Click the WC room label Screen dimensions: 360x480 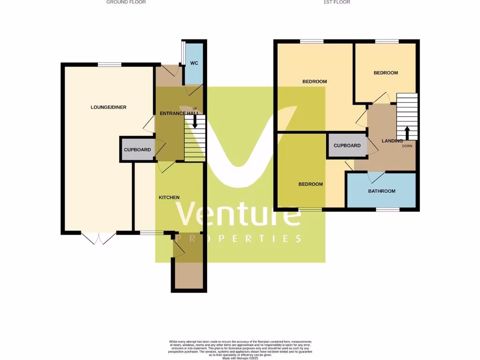[195, 64]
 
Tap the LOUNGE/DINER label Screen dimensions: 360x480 [108, 107]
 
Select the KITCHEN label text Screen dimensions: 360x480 [169, 197]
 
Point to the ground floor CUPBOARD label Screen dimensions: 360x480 [137, 150]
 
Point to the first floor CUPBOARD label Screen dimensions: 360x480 [347, 146]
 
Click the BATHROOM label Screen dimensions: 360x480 [382, 191]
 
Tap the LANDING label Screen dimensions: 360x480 [392, 141]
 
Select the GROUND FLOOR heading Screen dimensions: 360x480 [126, 2]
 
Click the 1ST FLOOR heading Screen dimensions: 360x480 [337, 2]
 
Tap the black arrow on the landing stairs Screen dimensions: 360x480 [406, 132]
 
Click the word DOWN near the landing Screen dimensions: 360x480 [407, 146]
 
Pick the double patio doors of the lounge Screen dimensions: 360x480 [99, 238]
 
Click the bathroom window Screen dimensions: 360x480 [388, 210]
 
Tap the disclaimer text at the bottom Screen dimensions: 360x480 [240, 349]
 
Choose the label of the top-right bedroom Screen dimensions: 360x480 [385, 73]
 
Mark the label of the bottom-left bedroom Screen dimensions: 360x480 [310, 184]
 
